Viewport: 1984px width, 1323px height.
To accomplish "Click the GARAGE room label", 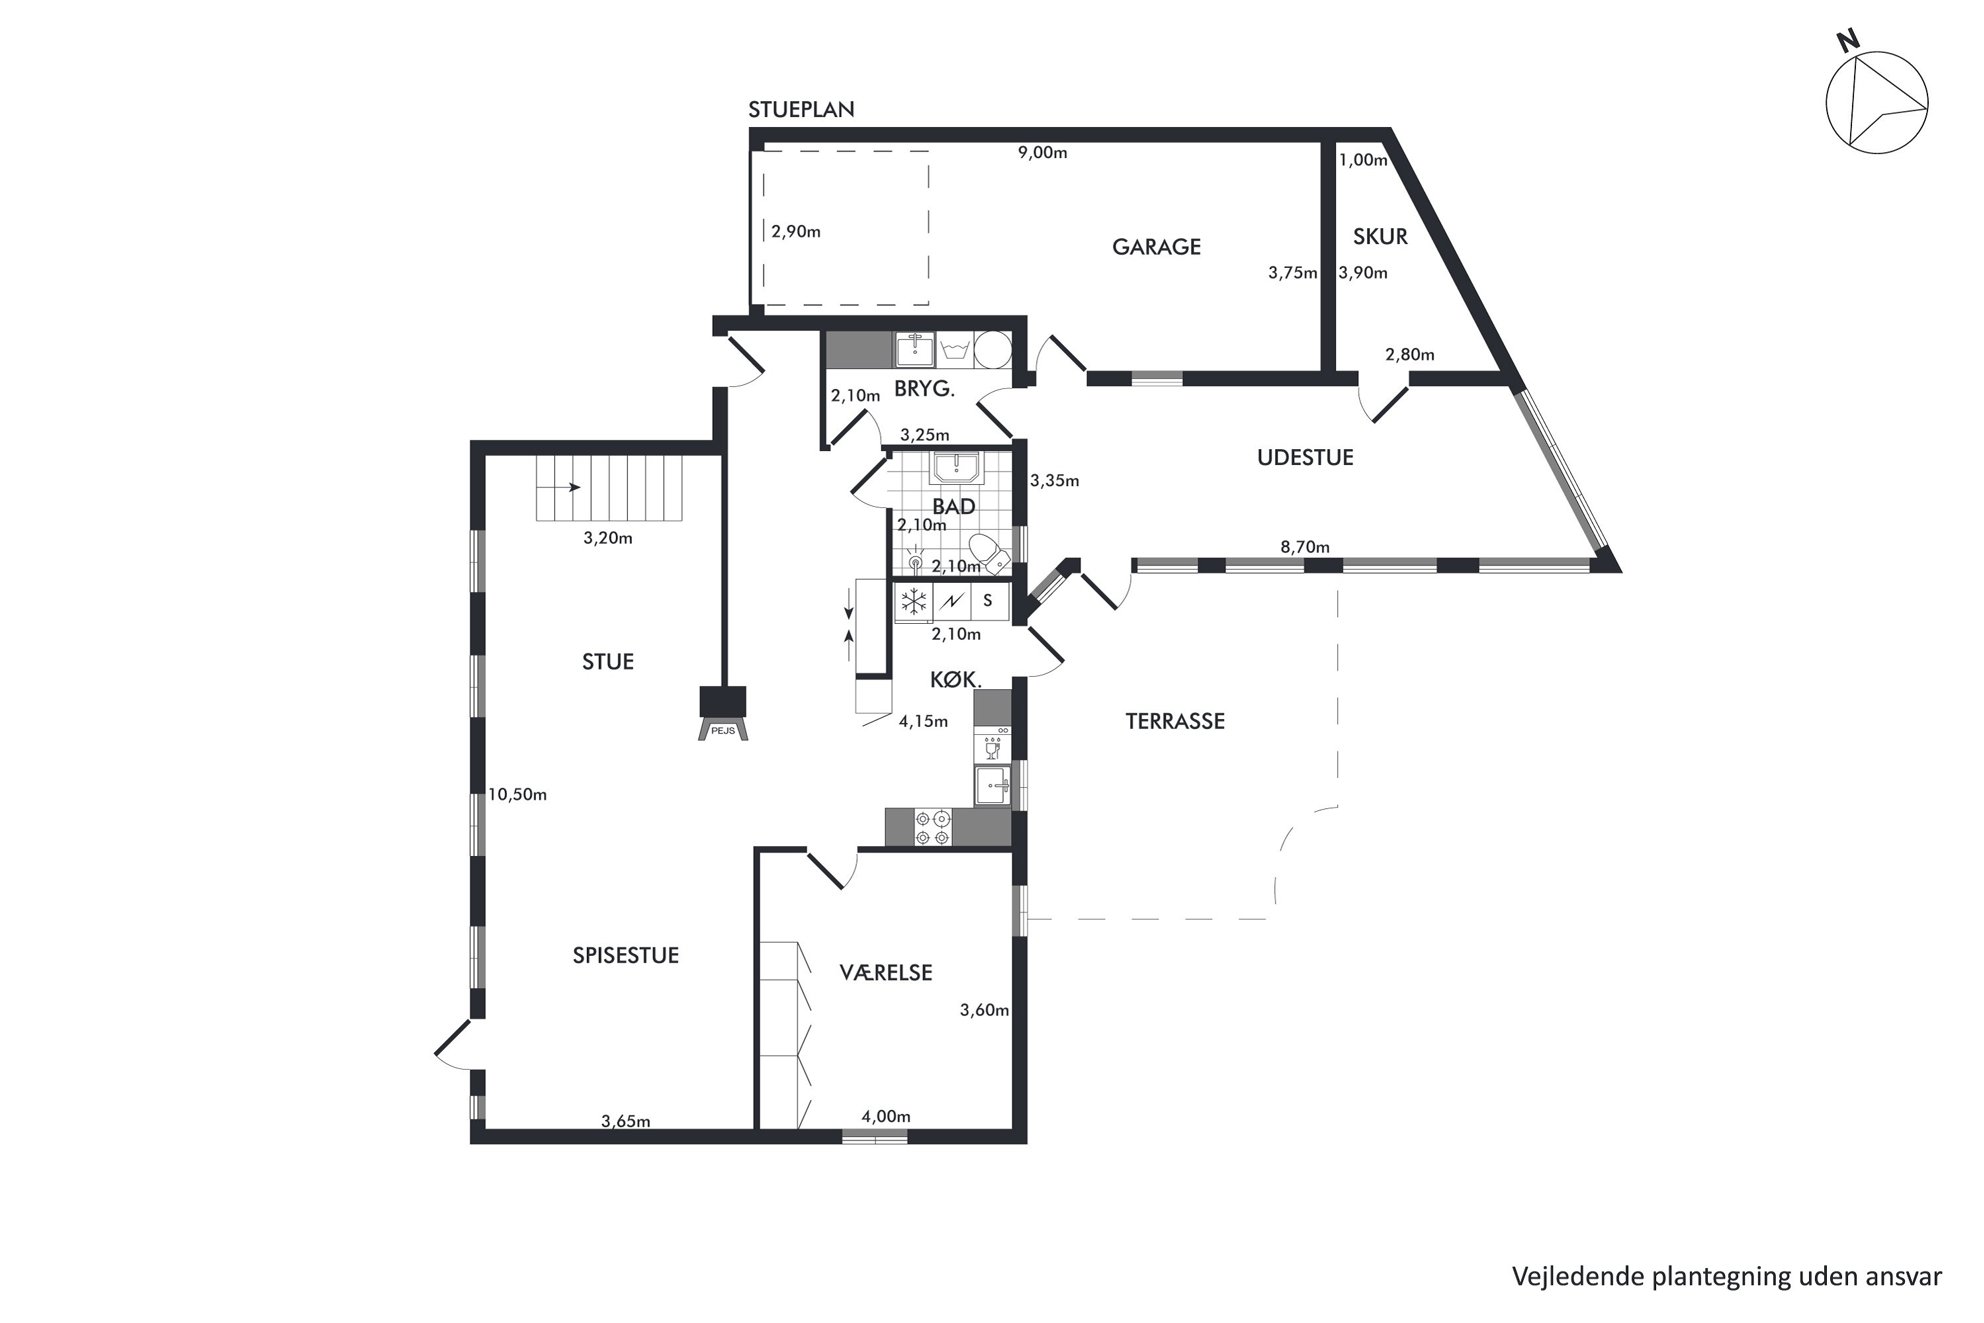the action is click(1156, 247).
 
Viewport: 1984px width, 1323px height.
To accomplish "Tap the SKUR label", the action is click(1380, 237).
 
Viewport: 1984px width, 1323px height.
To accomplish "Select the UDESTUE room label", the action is click(1305, 458).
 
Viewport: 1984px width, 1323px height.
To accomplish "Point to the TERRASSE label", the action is click(1175, 721).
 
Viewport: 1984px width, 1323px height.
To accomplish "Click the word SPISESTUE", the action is click(625, 955).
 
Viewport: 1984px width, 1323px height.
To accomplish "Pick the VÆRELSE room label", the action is click(886, 972).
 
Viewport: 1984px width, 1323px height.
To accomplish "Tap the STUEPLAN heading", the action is click(801, 110).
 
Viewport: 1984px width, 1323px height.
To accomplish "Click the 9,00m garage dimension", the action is click(1042, 153).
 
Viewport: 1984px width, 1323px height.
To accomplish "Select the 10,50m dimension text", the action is click(517, 795).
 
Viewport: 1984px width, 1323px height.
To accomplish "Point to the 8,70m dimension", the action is click(1305, 547).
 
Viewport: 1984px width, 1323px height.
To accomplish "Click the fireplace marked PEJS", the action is click(722, 712).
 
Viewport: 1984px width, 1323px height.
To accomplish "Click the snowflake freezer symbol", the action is click(913, 602).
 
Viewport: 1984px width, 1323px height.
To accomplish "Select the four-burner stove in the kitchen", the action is click(932, 828).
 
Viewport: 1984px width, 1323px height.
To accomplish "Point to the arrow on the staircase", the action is click(559, 488).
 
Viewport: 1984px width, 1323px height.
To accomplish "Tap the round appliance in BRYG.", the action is click(993, 350).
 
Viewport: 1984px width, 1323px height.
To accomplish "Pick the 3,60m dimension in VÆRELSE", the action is click(984, 1010).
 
